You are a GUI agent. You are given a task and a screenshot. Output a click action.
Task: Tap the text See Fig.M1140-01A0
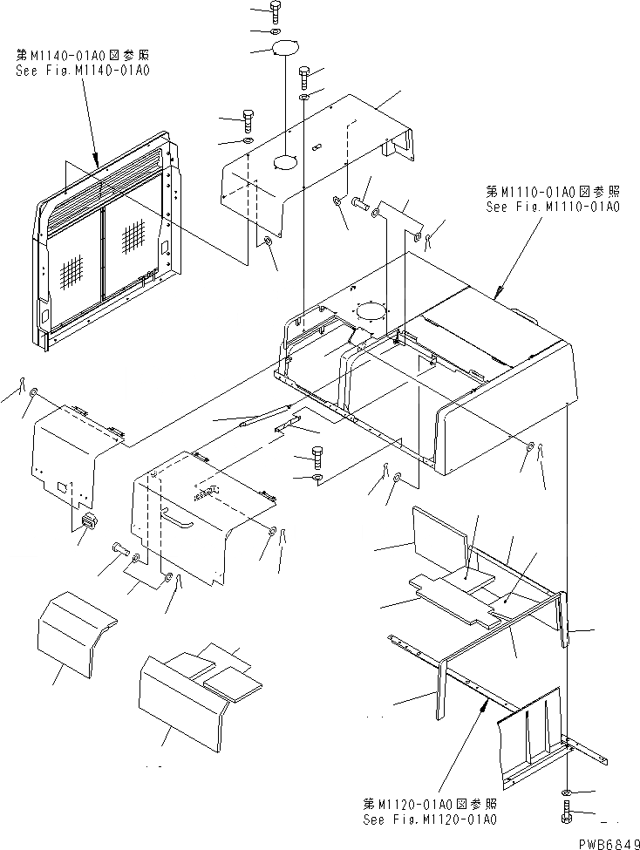[x=83, y=71]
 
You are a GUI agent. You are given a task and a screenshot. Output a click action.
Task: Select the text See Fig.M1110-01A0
[x=552, y=207]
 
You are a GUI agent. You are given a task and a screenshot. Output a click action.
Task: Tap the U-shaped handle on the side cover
[x=174, y=520]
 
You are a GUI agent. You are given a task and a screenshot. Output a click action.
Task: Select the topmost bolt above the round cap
[x=276, y=11]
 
